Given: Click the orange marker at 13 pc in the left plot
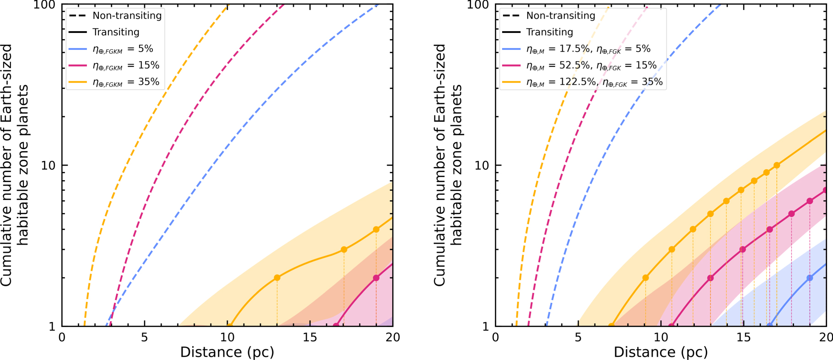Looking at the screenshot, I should [x=277, y=278].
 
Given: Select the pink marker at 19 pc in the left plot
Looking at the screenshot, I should [x=376, y=278].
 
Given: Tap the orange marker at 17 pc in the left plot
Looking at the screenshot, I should [x=344, y=250].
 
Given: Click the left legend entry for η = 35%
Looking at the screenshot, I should [x=126, y=82].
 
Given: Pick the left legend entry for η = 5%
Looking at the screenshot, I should [x=123, y=49].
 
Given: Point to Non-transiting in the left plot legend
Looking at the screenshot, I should [x=127, y=16].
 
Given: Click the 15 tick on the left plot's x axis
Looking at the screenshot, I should [x=310, y=338].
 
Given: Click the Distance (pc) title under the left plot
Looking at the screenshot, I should [x=227, y=352].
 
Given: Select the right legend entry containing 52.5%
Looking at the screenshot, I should [x=591, y=65].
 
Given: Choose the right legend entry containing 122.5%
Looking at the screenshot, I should [x=594, y=82].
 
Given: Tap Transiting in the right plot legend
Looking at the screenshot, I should [x=549, y=32].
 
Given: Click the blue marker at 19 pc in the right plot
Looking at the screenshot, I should [x=810, y=278].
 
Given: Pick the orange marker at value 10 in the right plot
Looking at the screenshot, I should [x=777, y=165].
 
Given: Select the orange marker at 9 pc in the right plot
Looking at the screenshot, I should [x=645, y=278].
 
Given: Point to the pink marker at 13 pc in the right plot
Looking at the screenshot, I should [x=710, y=278].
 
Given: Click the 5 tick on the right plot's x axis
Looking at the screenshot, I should [x=578, y=338].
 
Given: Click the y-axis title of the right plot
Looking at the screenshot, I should [x=447, y=165].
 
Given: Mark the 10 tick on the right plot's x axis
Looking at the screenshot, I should [x=660, y=338].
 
